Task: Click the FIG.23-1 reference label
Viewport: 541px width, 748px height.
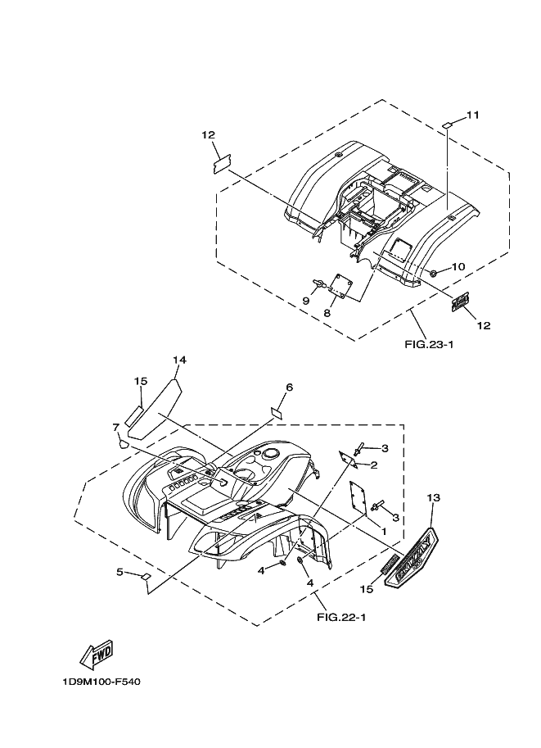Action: (429, 344)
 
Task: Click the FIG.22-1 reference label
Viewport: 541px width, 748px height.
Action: (340, 617)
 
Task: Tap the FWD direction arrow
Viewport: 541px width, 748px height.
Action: (96, 653)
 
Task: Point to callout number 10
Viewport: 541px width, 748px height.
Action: (458, 266)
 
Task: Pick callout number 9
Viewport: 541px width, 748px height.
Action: (305, 301)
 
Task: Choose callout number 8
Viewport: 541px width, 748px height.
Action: (326, 312)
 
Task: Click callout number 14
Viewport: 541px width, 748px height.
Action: (180, 360)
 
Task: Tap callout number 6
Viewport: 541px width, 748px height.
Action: (289, 387)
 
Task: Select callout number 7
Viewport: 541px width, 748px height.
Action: (116, 427)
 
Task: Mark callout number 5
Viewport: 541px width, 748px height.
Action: (119, 572)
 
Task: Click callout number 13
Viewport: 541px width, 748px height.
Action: (433, 497)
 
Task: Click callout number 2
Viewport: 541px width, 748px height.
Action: (373, 465)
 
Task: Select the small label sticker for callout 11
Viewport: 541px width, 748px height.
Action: (448, 125)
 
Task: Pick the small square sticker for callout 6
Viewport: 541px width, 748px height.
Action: (277, 412)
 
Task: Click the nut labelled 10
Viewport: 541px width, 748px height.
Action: (434, 272)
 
